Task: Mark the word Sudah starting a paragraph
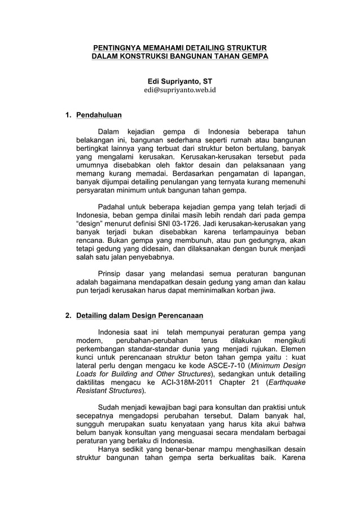coord(109,407)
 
